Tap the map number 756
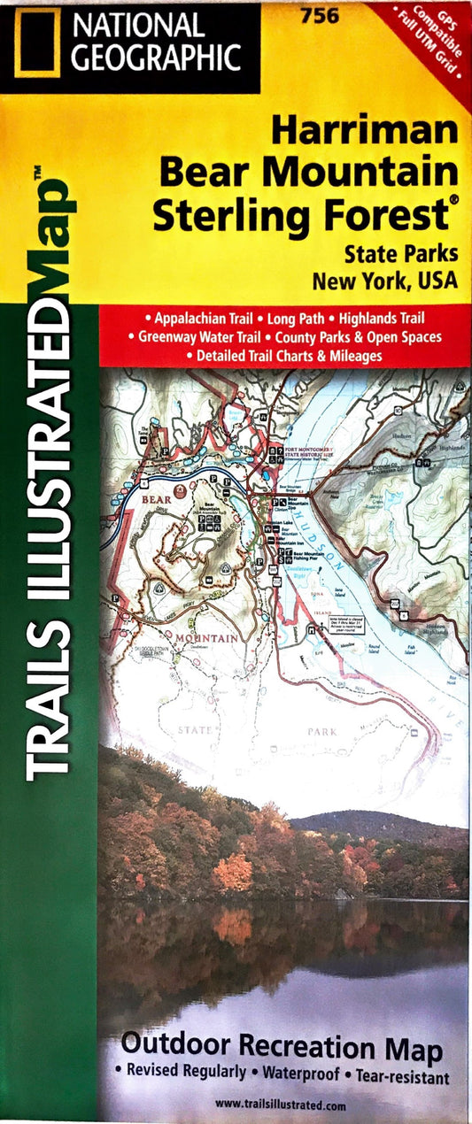(x=312, y=14)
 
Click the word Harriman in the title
(x=365, y=131)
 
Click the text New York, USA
(x=384, y=281)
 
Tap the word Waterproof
(x=303, y=1077)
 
